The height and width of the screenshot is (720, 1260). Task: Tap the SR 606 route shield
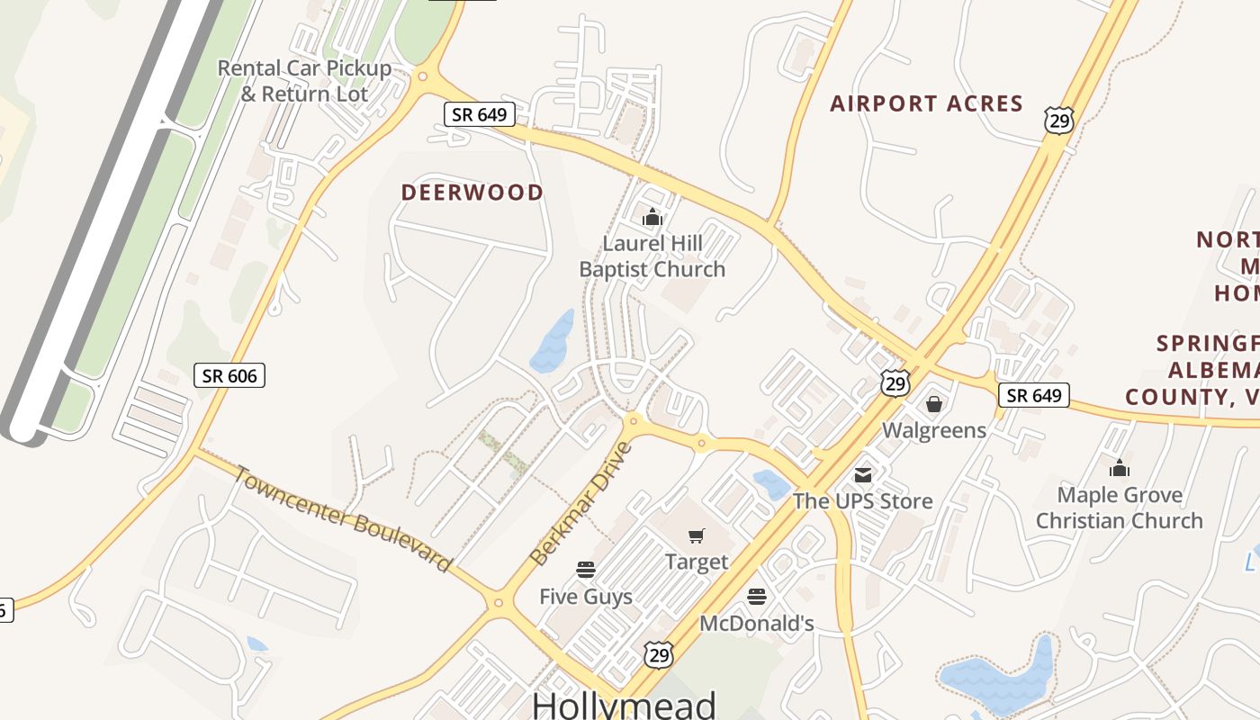coord(229,375)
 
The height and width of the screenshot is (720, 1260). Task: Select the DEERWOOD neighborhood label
coord(472,193)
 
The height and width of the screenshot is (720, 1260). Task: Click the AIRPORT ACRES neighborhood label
coord(926,103)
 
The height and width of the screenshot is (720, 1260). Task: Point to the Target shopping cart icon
coord(696,536)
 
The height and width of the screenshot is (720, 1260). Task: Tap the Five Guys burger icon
coord(586,570)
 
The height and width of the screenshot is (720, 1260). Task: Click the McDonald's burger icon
coord(756,596)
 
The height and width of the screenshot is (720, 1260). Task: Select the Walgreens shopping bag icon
coord(934,404)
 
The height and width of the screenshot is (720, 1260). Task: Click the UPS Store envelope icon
coord(863,474)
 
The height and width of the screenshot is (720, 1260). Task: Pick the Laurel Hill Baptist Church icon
coord(652,217)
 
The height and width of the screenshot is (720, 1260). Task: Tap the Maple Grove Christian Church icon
coord(1119,468)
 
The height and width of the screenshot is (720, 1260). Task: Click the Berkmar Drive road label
coord(582,504)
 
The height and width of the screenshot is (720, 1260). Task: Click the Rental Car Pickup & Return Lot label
coord(304,80)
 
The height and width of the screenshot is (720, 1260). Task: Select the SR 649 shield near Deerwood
coord(480,114)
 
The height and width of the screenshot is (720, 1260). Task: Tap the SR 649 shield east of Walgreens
coord(1033,395)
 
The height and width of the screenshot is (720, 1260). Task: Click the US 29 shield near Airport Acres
coord(1059,120)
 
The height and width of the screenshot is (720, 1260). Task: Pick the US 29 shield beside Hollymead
coord(659,655)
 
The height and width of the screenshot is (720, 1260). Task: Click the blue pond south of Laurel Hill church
coord(552,342)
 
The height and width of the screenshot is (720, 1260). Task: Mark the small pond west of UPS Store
coord(771,484)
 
